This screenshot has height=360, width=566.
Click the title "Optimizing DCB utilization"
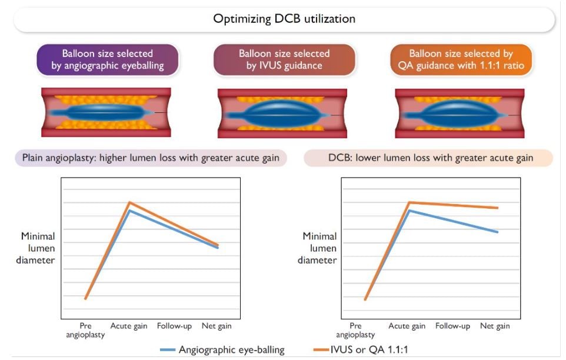point(284,19)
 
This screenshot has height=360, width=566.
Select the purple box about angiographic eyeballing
point(107,59)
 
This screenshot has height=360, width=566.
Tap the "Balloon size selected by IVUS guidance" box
point(284,59)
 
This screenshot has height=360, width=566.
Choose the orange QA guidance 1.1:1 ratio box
point(461,59)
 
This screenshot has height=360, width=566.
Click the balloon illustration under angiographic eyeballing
point(106,112)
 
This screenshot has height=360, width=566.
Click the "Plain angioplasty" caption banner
point(151,158)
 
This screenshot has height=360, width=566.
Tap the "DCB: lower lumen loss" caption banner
point(428,158)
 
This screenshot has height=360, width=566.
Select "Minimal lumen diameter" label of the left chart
point(38,248)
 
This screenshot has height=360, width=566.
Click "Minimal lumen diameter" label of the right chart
point(319,248)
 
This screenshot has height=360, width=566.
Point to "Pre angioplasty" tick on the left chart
point(86,330)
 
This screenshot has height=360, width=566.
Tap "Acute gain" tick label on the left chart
point(129,326)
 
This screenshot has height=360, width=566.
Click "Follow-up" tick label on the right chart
point(452,326)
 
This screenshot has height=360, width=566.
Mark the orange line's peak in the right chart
point(409,202)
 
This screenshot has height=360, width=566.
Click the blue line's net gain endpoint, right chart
point(498,232)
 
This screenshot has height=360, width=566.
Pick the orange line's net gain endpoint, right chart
point(498,208)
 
